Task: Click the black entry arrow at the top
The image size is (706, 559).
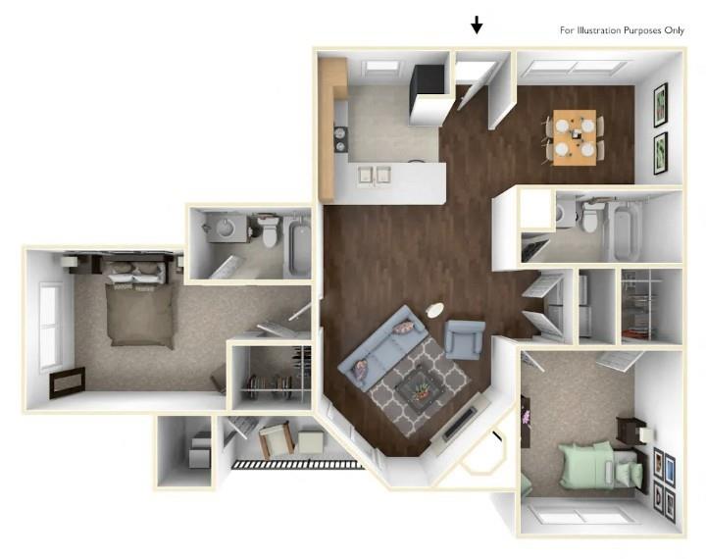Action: [477, 25]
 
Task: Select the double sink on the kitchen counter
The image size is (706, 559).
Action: [376, 175]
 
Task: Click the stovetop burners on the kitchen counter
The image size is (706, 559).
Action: [341, 136]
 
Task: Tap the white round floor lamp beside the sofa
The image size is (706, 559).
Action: [434, 311]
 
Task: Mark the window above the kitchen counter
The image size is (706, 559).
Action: [380, 67]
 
